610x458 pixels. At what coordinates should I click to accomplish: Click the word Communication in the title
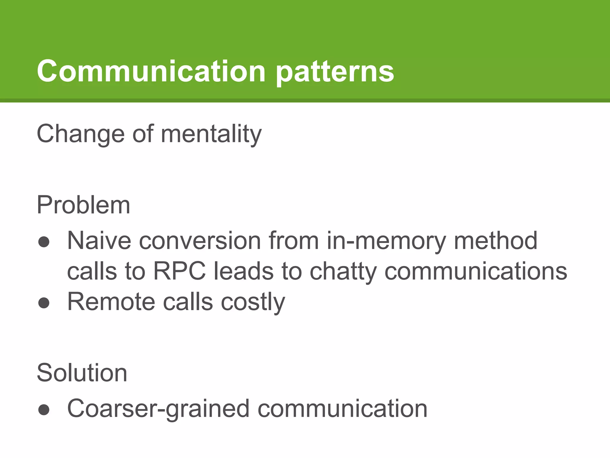coord(151,71)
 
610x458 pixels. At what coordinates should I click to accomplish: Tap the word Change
coord(80,134)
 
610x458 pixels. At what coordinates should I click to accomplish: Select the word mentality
coord(211,134)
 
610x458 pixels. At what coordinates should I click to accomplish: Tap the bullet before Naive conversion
coord(44,242)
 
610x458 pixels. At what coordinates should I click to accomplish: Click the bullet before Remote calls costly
coord(44,303)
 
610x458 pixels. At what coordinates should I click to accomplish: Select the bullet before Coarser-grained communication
coord(44,410)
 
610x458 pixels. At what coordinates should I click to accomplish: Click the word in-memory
coord(386,241)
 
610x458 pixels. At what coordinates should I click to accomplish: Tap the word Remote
coord(111,302)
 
